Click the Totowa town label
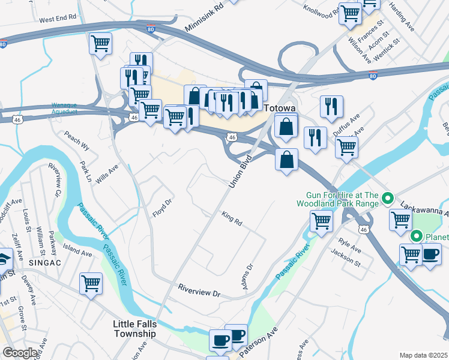(280, 108)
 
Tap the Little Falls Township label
(134, 329)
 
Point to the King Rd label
(231, 218)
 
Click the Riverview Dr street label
(199, 290)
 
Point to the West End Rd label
(58, 19)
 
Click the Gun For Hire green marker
(388, 197)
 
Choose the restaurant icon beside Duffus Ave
(331, 106)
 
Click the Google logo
(20, 353)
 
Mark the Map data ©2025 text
(423, 355)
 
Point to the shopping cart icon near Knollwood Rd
(350, 13)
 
